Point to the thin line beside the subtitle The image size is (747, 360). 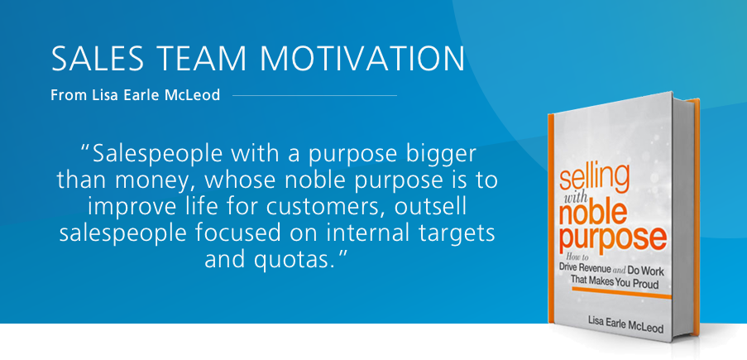(314, 95)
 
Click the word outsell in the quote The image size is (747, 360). (434, 209)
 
